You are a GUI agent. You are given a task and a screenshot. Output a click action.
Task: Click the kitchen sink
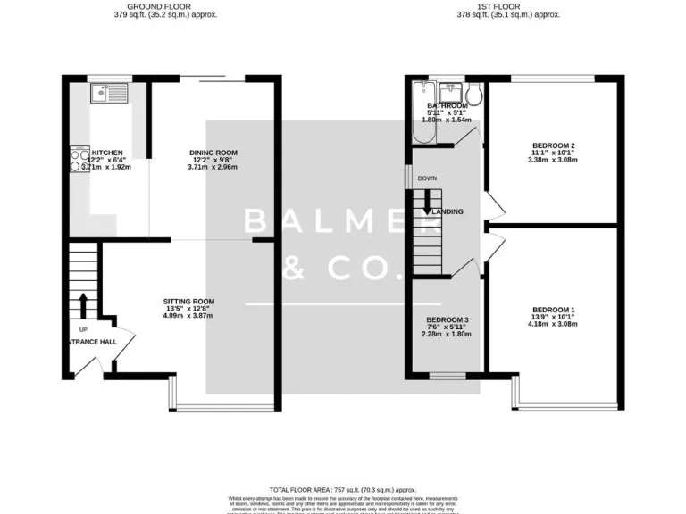pyautogui.click(x=109, y=91)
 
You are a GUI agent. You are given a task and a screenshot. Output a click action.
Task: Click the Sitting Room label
pyautogui.click(x=188, y=301)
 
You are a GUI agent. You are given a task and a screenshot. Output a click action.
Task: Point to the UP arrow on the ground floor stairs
pyautogui.click(x=84, y=305)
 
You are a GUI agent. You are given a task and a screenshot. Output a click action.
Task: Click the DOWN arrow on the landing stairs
pyautogui.click(x=427, y=203)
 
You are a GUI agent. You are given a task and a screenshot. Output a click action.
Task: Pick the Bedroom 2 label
pyautogui.click(x=553, y=145)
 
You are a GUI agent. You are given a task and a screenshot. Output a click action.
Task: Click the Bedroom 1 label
pyautogui.click(x=553, y=310)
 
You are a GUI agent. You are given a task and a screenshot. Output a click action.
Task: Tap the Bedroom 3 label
pyautogui.click(x=447, y=320)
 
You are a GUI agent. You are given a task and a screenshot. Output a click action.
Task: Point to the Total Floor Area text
pyautogui.click(x=343, y=490)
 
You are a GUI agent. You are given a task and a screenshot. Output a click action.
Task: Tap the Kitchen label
pyautogui.click(x=106, y=153)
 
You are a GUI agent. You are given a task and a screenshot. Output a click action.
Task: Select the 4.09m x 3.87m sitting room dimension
pyautogui.click(x=188, y=315)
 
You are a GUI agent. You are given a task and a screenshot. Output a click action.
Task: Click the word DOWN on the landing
pyautogui.click(x=427, y=178)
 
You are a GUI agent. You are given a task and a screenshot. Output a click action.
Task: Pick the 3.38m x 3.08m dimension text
pyautogui.click(x=553, y=160)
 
